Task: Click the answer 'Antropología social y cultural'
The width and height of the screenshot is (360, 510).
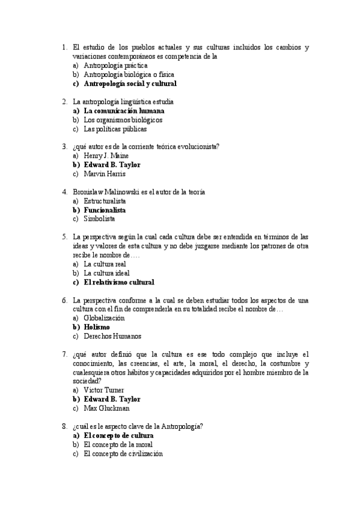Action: click(130, 84)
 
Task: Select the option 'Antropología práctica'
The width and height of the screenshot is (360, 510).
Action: click(111, 66)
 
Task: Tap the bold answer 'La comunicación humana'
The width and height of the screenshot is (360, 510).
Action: click(124, 111)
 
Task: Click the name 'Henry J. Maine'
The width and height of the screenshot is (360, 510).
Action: click(106, 156)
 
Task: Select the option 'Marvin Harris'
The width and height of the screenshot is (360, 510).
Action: click(105, 174)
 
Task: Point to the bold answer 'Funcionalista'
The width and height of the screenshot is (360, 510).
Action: click(105, 210)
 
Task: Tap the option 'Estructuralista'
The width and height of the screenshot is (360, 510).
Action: click(105, 201)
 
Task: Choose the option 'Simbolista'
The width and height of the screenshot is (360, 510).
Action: click(100, 220)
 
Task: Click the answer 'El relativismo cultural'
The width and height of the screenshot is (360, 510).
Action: click(119, 282)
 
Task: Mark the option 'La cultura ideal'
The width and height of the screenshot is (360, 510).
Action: click(106, 273)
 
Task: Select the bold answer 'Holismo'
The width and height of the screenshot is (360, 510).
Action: click(97, 327)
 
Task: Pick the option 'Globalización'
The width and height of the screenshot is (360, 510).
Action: click(104, 318)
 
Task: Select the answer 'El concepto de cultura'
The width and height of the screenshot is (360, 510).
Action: click(119, 435)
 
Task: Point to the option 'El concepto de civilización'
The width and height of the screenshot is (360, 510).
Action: click(123, 454)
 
